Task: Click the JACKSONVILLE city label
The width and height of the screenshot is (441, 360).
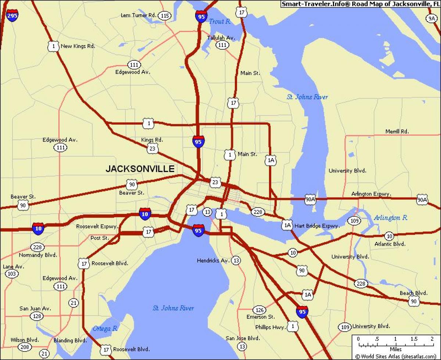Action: [x=140, y=169]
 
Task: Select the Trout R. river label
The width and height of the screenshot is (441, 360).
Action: [x=220, y=22]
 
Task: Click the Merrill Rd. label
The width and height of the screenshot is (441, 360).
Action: [x=397, y=131]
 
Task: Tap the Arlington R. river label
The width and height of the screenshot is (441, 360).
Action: [x=390, y=218]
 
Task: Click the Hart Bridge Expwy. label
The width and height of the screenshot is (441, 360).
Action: [x=316, y=226]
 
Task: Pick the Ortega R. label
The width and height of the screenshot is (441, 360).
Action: [x=105, y=328]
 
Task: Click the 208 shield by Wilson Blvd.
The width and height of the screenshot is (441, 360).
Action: [x=24, y=347]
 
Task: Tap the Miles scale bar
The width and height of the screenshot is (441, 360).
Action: [x=395, y=345]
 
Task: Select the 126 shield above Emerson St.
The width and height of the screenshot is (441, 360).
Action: [x=260, y=310]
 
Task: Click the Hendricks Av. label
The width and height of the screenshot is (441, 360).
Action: [x=213, y=260]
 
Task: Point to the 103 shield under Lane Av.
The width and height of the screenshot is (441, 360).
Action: [x=12, y=274]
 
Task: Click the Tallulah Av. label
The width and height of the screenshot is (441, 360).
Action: [x=221, y=38]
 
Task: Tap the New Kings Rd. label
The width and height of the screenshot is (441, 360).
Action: [x=78, y=46]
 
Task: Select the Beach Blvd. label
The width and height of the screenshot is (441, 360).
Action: [x=414, y=293]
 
